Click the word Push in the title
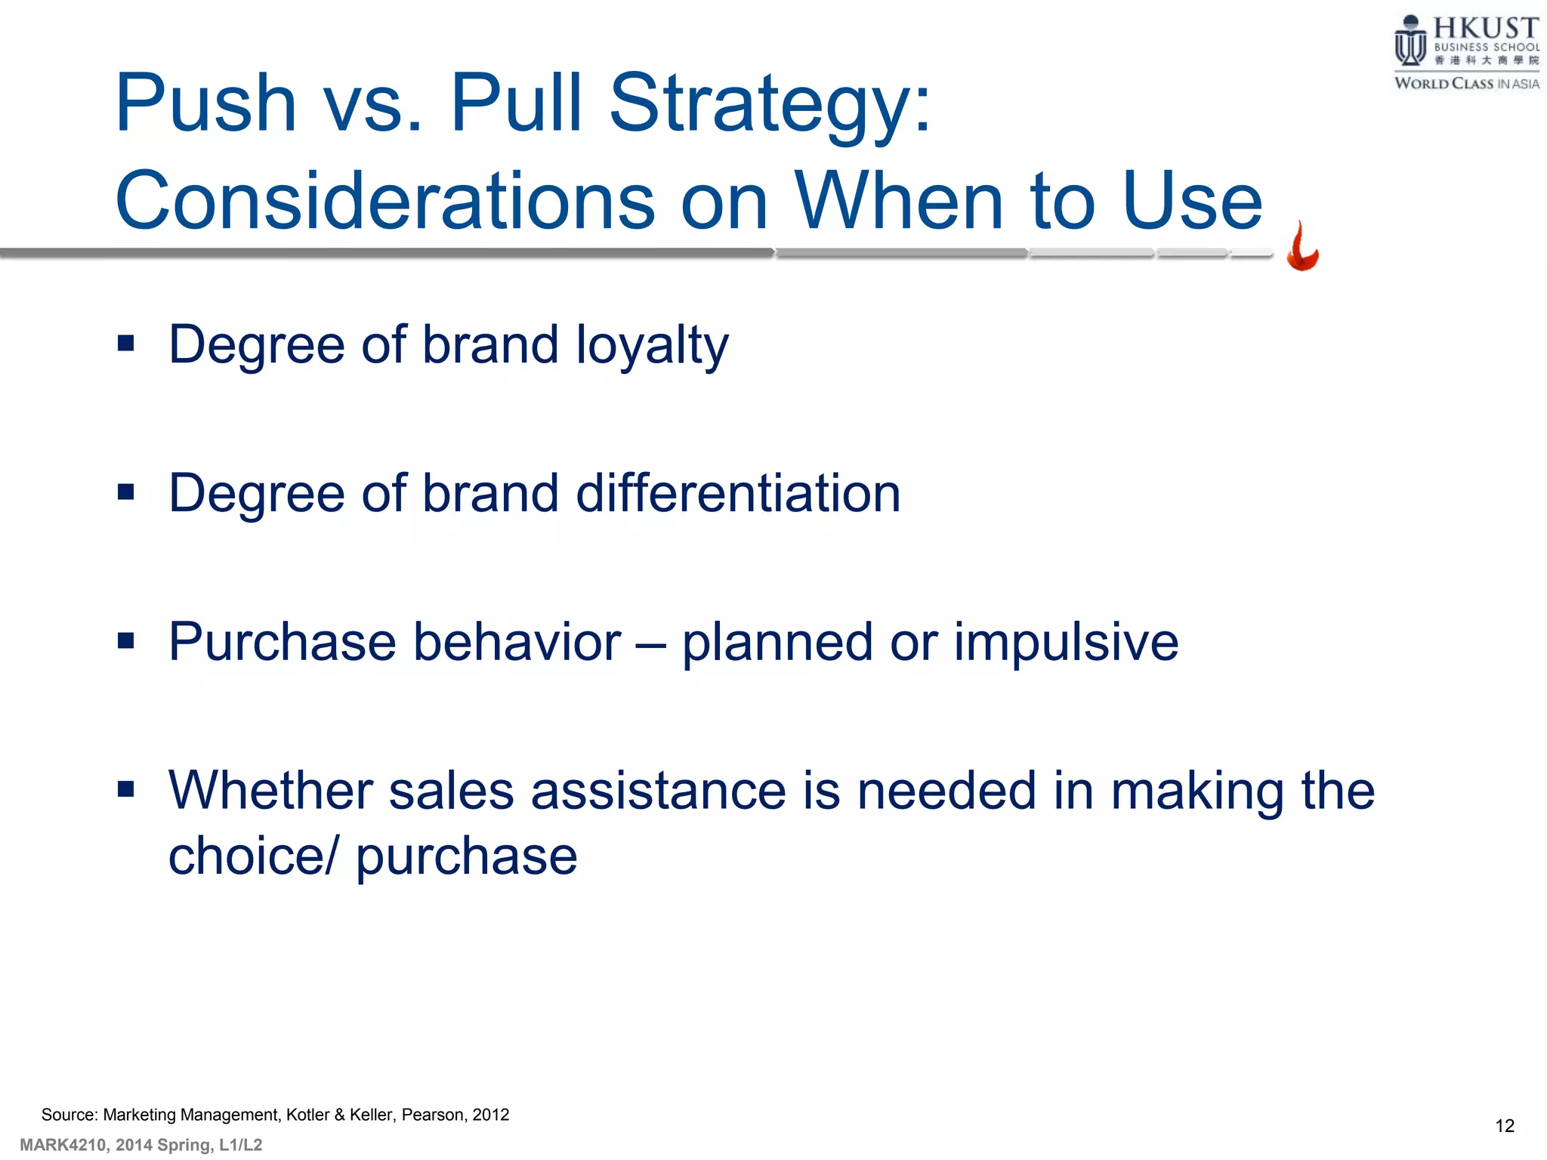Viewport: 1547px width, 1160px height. click(205, 103)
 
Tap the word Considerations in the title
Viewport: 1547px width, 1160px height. click(385, 201)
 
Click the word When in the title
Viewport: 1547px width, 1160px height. click(899, 201)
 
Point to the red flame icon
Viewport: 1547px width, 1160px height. click(1302, 248)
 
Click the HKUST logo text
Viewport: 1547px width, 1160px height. click(1485, 29)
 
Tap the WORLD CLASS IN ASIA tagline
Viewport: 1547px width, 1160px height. click(1466, 84)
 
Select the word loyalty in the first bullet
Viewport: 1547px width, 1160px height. click(652, 345)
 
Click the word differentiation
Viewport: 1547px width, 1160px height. click(738, 493)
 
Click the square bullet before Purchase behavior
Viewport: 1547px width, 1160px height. click(126, 641)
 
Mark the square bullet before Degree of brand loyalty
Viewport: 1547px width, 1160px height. click(126, 344)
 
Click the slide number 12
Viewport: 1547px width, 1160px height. click(1504, 1126)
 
